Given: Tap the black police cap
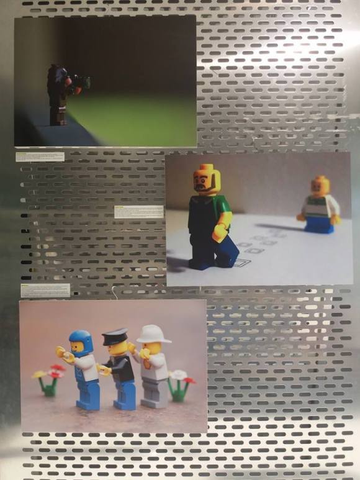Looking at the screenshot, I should point(115,337).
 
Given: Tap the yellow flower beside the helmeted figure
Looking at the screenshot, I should point(40,374).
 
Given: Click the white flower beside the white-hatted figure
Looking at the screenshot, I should point(178,375).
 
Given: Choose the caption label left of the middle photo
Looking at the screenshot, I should point(138,211).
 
